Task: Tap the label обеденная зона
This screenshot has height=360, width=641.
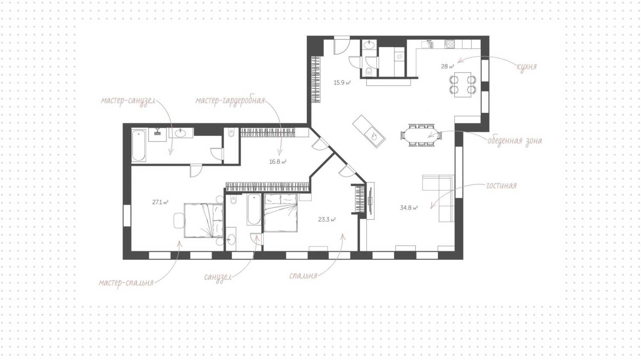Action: [515, 141]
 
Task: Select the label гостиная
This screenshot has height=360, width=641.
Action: [501, 186]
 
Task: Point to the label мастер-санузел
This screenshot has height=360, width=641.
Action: [128, 101]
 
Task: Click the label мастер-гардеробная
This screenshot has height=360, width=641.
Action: [230, 101]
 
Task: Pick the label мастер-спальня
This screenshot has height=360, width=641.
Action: [126, 283]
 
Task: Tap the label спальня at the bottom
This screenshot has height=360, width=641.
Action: [303, 276]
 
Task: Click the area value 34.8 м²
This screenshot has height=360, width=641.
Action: [409, 208]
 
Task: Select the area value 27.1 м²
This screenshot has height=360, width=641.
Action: [160, 202]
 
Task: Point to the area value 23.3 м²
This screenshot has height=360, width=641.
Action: [327, 220]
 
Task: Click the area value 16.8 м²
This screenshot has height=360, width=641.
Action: [278, 162]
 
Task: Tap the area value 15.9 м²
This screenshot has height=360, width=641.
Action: [342, 83]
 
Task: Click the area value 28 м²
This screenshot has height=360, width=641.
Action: [447, 66]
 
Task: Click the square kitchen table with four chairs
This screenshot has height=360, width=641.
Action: [462, 85]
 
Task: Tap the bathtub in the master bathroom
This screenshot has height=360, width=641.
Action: [139, 145]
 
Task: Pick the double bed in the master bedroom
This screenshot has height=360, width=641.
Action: [203, 220]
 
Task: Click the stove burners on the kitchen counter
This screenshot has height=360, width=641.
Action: [449, 44]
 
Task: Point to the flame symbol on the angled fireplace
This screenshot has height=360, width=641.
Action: [374, 137]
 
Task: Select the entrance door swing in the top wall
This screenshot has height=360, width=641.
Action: [342, 45]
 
